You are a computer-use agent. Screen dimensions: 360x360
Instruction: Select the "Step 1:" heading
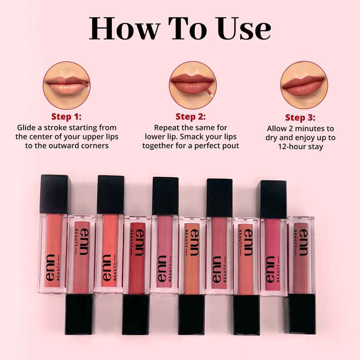(x=66, y=116)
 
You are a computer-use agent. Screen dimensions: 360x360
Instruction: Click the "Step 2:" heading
(x=190, y=116)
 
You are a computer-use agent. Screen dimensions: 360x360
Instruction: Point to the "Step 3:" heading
(x=300, y=118)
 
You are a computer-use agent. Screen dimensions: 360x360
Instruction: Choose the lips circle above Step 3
(x=304, y=85)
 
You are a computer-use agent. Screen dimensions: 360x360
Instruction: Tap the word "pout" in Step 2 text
(x=231, y=146)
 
